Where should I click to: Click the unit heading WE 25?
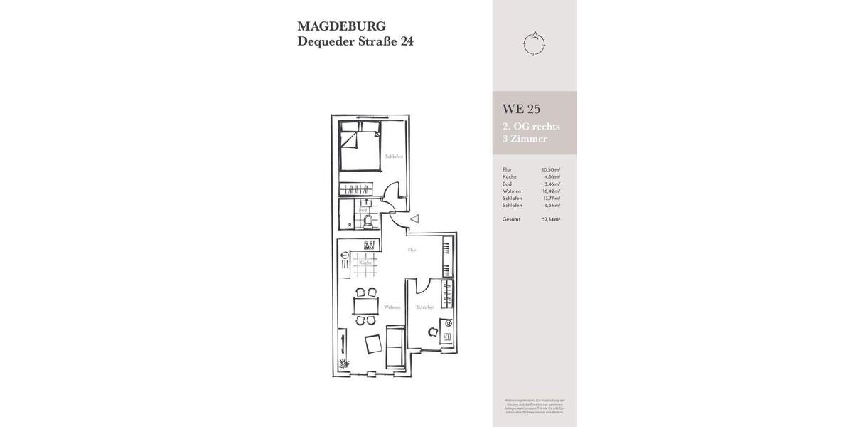coord(522,109)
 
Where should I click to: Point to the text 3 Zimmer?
coord(525,139)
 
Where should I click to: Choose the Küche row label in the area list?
coord(509,176)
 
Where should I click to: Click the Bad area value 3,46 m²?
coord(552,184)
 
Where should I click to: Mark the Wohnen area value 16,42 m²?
coord(552,191)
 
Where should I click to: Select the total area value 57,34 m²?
coord(551,219)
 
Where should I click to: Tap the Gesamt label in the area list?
coord(512,219)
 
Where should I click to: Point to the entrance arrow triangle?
coord(414,221)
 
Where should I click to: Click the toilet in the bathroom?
coord(366,222)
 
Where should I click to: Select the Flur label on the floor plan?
coord(412,251)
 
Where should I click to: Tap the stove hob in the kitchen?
coord(369,246)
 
